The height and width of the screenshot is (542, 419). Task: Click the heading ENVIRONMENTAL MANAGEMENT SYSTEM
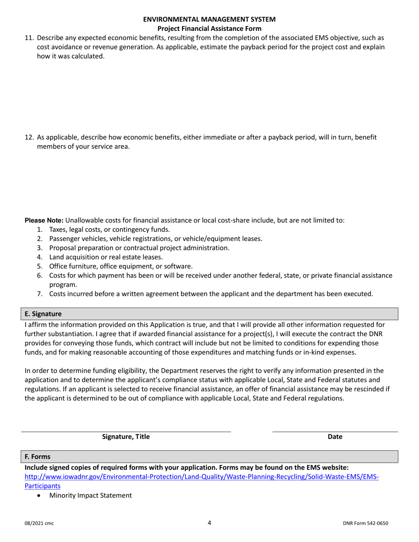coord(209,19)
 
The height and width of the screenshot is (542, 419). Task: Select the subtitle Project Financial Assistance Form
coord(209,29)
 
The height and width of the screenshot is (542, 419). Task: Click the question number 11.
coord(29,38)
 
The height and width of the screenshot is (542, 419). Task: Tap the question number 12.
coord(29,137)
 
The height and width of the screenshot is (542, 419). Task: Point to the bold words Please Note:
coord(44,220)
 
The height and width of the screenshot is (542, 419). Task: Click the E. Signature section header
coord(43,314)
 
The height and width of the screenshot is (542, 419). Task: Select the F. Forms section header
coord(37,457)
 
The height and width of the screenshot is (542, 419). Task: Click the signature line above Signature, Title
coord(126,431)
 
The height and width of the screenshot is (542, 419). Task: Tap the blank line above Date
coord(335,431)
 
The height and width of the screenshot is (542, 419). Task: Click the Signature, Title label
coord(126,437)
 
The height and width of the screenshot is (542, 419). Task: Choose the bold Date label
coord(335,437)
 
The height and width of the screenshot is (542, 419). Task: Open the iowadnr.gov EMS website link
coord(202,477)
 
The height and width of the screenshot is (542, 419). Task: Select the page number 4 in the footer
coord(209,523)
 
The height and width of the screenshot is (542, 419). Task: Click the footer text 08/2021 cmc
coord(39,523)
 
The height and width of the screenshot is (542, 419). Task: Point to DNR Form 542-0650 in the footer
coord(365,523)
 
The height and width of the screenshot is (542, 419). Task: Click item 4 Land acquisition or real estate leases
coord(106,257)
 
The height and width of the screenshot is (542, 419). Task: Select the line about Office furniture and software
coord(121,266)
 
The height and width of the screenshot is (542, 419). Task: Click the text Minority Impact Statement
coord(90,496)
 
